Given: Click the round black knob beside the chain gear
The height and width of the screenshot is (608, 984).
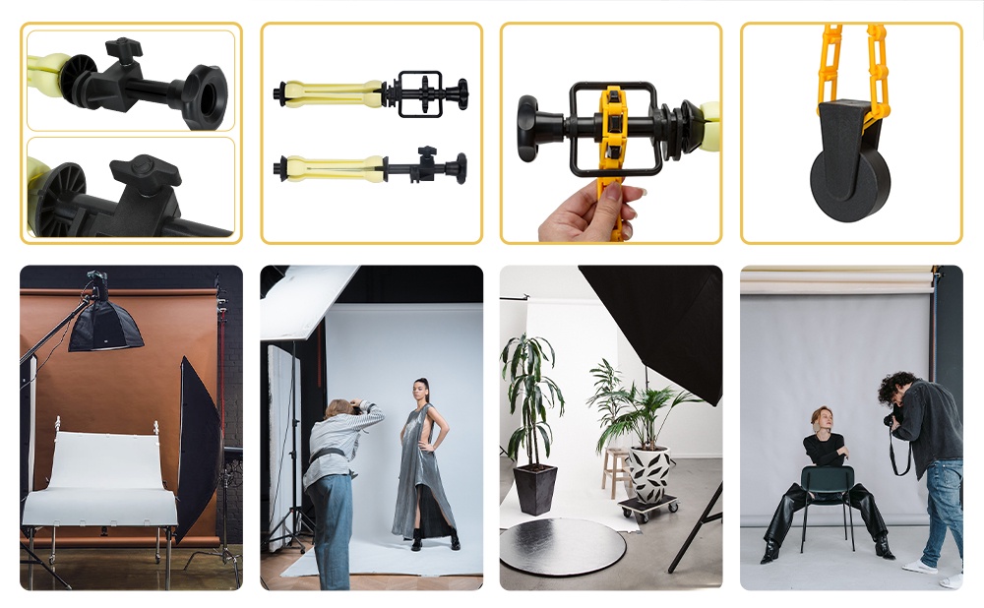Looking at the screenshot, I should click(532, 127).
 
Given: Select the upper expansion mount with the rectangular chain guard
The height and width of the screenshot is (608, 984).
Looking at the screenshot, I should click(371, 93).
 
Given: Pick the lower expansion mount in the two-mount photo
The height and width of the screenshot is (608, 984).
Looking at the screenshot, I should click(371, 167).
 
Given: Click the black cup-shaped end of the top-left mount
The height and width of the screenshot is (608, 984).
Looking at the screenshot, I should click(205, 95).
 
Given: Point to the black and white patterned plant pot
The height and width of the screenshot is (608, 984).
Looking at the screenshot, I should click(649, 472).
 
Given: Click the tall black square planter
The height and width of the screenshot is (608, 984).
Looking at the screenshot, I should click(536, 488).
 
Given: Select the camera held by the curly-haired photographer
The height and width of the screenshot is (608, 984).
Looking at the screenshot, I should click(892, 420).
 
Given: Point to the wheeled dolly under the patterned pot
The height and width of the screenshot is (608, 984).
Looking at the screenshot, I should click(648, 507).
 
